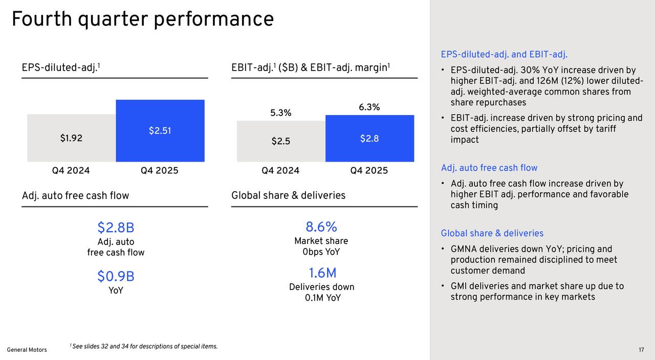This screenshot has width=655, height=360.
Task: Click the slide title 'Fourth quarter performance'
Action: coord(142,19)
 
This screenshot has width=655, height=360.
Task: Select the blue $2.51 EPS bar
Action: coord(160,131)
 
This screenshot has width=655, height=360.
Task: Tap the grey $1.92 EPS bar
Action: coord(71,138)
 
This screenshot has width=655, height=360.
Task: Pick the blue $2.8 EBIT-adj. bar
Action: coord(369,138)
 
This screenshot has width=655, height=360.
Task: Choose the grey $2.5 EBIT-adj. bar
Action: coord(281,141)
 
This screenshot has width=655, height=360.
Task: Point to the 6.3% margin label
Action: coord(369,107)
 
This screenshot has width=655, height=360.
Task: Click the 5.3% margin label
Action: coord(281,113)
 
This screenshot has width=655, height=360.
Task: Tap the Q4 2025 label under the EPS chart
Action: coord(160,171)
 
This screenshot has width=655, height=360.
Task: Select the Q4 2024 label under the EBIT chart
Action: coord(280,171)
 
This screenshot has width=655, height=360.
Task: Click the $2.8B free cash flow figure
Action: coord(116,228)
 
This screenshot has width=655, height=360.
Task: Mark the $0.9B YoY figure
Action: coord(116,277)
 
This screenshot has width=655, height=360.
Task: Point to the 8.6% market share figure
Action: coord(321,227)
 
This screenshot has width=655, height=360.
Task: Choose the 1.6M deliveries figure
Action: coord(322,273)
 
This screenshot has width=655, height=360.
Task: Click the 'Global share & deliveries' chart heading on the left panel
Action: coord(288,195)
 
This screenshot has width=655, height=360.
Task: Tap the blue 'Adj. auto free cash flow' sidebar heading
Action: coord(489,168)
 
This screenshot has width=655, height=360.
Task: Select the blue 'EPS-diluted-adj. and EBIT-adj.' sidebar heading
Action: coord(504,55)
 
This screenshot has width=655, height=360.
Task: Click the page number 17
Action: coord(641,350)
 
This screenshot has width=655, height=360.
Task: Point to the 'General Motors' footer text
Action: coord(27,350)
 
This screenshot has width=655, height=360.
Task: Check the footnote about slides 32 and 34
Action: coord(144,347)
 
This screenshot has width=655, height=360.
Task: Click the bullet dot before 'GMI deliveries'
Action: coord(443,286)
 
